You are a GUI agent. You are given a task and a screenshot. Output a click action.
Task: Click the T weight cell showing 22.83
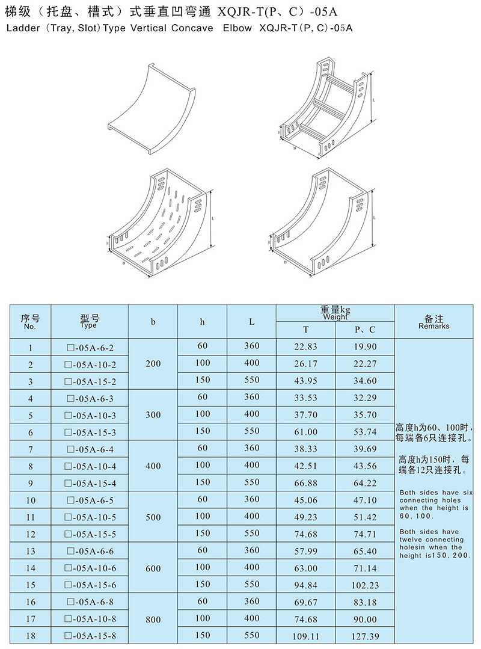305,347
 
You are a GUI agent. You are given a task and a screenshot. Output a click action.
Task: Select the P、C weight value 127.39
365,636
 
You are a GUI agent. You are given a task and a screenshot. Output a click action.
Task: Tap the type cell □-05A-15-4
90,483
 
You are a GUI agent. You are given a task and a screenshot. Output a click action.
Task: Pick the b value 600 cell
153,568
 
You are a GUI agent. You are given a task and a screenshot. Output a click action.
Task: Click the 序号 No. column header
30,322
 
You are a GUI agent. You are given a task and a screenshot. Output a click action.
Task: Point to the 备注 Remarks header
434,322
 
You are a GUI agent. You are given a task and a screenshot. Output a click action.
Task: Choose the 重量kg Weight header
335,313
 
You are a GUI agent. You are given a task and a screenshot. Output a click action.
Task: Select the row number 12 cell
31,534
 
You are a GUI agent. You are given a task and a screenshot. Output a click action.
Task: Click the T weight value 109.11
305,636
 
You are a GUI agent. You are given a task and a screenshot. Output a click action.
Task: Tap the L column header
251,322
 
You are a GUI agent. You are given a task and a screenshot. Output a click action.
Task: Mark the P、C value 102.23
365,585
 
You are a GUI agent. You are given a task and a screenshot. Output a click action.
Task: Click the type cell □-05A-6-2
90,348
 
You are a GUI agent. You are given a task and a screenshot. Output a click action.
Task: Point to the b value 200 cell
153,364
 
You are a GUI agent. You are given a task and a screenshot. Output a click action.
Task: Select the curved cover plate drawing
152,109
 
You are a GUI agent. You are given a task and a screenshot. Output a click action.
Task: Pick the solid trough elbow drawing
323,223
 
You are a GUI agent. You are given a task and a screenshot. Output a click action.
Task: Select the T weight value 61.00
305,432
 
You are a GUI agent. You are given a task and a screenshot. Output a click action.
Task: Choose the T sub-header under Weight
305,330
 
